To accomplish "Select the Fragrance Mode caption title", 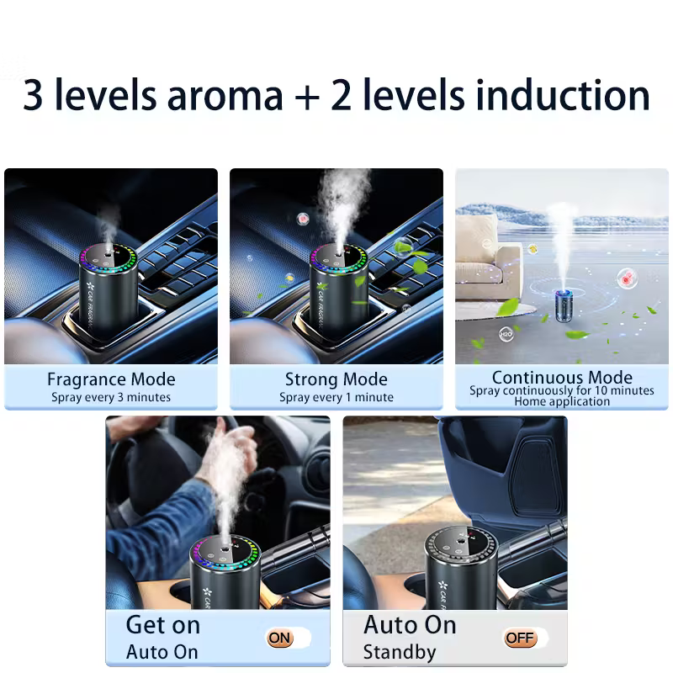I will (x=111, y=379).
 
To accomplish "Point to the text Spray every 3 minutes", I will (x=111, y=397).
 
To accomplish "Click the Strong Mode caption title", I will (x=336, y=379).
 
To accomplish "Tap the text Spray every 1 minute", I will (x=336, y=397).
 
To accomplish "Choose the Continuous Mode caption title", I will (x=562, y=377).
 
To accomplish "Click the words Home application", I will (x=562, y=401).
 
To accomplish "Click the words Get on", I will (x=163, y=625).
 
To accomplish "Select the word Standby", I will (x=400, y=652).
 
